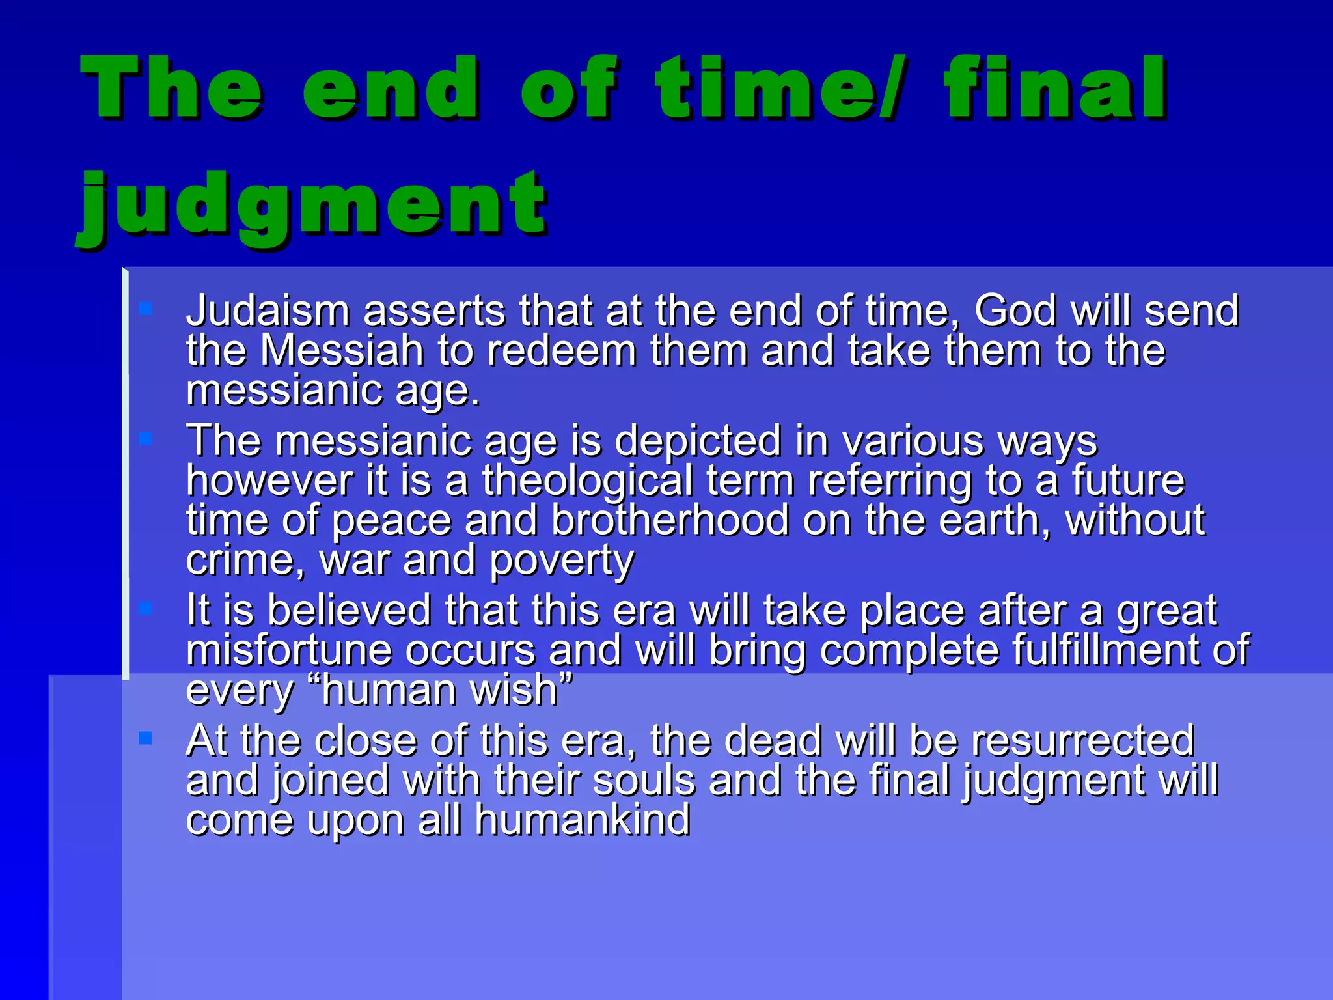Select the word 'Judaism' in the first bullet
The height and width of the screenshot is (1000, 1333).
[x=268, y=311]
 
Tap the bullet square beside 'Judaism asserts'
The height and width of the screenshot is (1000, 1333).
[x=145, y=308]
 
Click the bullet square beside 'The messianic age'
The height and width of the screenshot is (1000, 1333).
[x=145, y=439]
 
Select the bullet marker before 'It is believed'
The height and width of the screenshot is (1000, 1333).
[x=145, y=608]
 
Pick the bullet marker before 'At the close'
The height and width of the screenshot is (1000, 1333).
[x=145, y=738]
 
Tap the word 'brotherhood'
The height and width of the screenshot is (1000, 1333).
[x=670, y=520]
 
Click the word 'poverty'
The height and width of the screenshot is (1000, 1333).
[x=561, y=560]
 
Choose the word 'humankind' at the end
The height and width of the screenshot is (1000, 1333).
[x=582, y=820]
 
